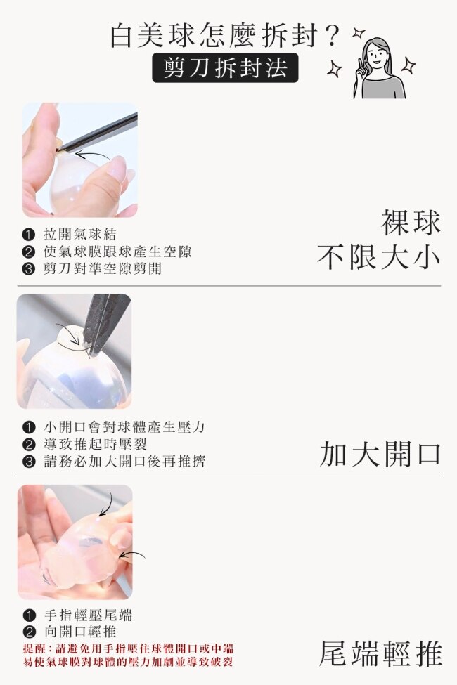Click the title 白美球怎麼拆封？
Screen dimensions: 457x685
pyautogui.click(x=225, y=35)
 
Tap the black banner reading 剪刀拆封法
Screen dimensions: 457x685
pyautogui.click(x=225, y=67)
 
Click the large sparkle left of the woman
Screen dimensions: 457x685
pyautogui.click(x=335, y=69)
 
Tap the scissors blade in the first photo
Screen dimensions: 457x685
pyautogui.click(x=98, y=131)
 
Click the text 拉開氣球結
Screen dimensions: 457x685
pyautogui.click(x=80, y=235)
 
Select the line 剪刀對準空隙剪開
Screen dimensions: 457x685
pyautogui.click(x=103, y=268)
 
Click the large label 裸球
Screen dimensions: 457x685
pyautogui.click(x=411, y=223)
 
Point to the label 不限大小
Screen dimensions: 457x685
pyautogui.click(x=379, y=257)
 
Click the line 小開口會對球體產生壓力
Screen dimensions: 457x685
pyautogui.click(x=124, y=427)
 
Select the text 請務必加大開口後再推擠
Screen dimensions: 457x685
pyautogui.click(x=124, y=462)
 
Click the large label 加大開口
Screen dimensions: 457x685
pyautogui.click(x=380, y=454)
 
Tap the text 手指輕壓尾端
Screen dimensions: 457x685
pyautogui.click(x=88, y=615)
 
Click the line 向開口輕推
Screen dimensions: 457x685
pyautogui.click(x=80, y=632)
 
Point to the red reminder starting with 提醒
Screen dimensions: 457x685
pyautogui.click(x=128, y=655)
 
